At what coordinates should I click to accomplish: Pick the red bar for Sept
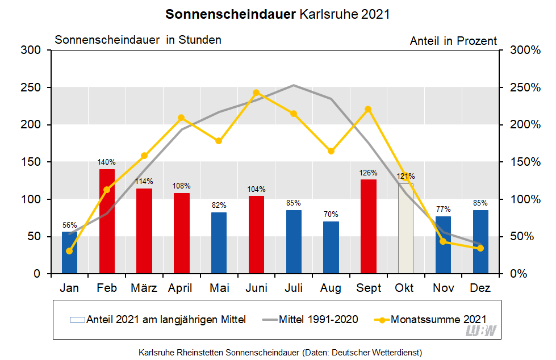point(369,227)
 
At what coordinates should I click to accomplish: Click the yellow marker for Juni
point(256,93)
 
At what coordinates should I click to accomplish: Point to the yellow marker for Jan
point(69,251)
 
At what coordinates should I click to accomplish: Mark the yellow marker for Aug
point(331,151)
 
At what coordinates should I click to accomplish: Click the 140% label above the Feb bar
point(107,162)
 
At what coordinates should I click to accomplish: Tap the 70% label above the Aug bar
point(331,215)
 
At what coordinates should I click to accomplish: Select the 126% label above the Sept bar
point(369,173)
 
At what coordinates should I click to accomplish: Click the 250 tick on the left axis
point(32,87)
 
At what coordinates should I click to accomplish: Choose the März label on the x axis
point(144,288)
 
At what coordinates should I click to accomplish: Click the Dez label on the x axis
point(480,288)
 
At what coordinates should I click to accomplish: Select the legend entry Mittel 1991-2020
point(318,320)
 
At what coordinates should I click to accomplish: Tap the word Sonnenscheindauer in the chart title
point(231,14)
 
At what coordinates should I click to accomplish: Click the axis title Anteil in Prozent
point(453,41)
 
